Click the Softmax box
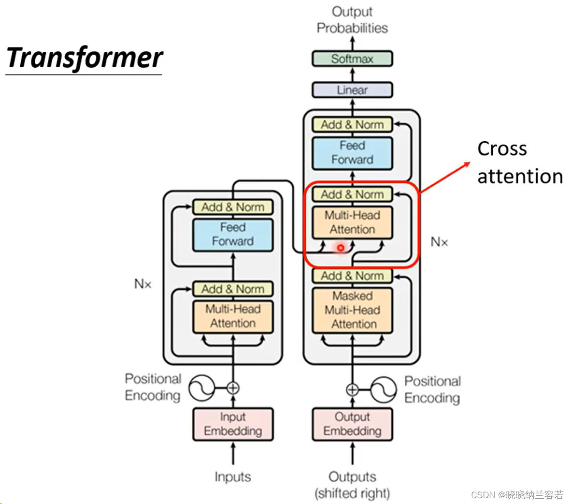point(352,59)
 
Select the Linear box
point(352,90)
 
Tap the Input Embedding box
point(233,424)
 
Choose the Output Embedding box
point(352,424)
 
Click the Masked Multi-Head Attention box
point(352,310)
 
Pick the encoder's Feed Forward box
point(233,235)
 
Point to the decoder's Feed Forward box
point(352,153)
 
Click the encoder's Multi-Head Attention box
point(233,316)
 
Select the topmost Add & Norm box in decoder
point(352,125)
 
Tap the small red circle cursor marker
point(341,248)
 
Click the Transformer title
point(85,58)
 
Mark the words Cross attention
point(519,163)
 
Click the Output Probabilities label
point(352,20)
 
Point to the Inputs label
point(233,477)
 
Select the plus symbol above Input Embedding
point(233,387)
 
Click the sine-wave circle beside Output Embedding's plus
point(384,389)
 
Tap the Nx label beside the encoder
point(143,284)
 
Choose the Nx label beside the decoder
point(439,242)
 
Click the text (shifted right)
point(352,493)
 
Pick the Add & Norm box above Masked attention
point(352,276)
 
